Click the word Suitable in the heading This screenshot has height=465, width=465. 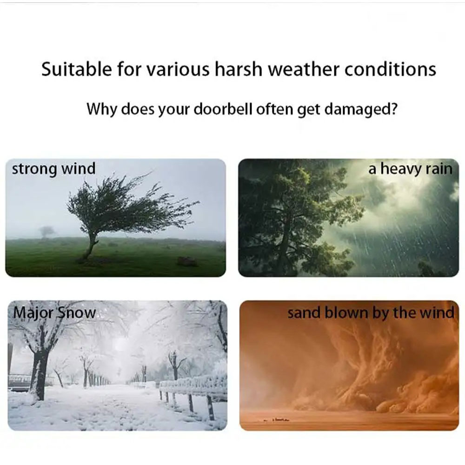pos(76,69)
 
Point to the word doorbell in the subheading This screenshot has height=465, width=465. pos(223,109)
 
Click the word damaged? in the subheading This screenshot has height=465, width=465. pos(360,110)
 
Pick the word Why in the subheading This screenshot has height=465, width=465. pos(102,109)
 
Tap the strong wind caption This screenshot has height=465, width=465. pos(53,169)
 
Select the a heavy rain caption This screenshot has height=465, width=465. pos(411,169)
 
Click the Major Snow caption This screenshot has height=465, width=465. pos(55,313)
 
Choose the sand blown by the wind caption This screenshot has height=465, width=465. pos(371,313)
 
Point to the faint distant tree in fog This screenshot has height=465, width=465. pos(46,232)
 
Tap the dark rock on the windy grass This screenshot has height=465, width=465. pos(186,261)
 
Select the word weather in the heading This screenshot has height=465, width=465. pos(303,69)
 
